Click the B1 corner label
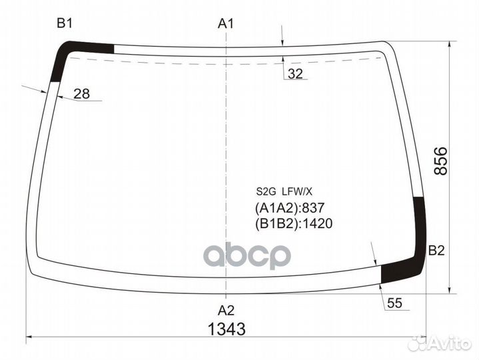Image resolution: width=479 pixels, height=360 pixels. [65, 25]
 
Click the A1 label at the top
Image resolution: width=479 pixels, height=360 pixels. [227, 25]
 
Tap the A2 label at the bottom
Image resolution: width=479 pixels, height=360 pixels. [227, 309]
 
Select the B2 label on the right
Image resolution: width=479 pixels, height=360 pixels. [436, 251]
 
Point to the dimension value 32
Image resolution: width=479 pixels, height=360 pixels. [296, 74]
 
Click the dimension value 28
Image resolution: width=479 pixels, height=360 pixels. [81, 94]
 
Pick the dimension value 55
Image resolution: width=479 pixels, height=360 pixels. [395, 303]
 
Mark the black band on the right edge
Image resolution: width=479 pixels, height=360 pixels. [420, 227]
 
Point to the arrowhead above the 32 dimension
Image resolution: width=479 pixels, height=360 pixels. [284, 42]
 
